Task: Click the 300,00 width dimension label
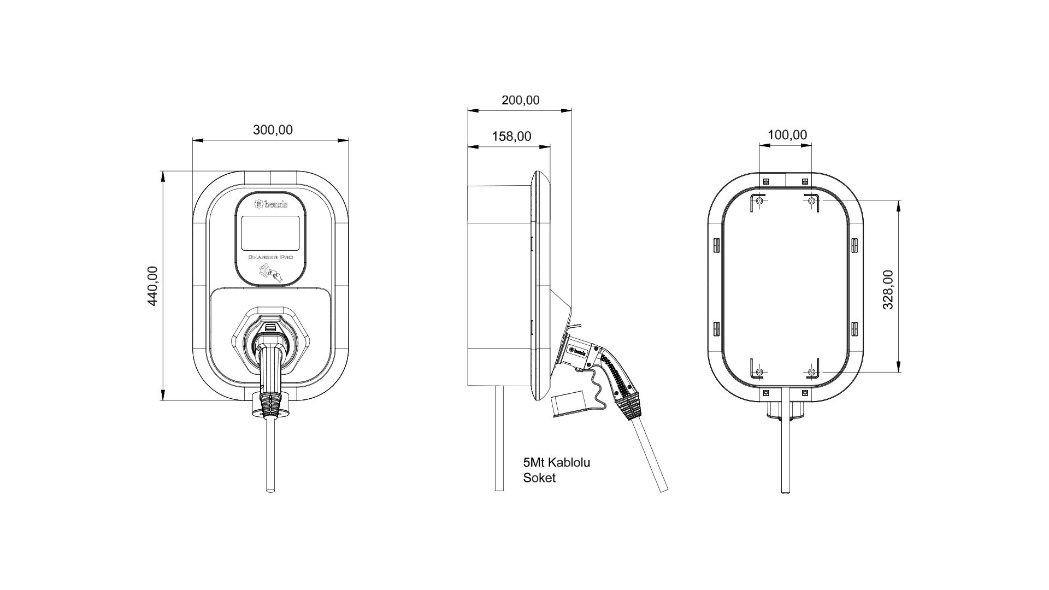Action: pos(273,130)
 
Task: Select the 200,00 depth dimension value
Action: pos(520,101)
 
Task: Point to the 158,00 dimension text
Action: pos(511,136)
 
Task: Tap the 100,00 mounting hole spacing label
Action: pos(787,135)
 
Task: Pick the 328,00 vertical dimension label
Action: pos(888,290)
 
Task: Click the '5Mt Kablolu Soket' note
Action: pos(556,470)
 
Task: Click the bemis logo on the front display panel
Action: pos(272,205)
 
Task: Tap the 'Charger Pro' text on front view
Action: pos(271,257)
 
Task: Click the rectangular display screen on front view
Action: pos(270,233)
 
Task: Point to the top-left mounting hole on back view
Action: pos(759,202)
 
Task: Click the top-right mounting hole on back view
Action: pos(811,202)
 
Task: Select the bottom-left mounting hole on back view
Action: pos(759,373)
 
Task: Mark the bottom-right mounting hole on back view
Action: pos(811,373)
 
